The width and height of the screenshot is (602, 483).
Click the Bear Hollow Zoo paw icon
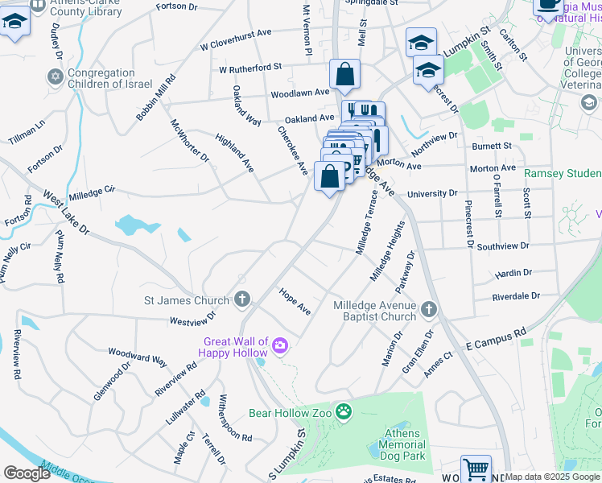tap(344, 412)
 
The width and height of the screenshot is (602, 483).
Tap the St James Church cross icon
tap(243, 301)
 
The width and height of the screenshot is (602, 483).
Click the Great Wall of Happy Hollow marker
tap(279, 347)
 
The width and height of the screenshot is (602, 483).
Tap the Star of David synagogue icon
tap(55, 77)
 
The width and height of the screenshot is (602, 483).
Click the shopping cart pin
tap(476, 468)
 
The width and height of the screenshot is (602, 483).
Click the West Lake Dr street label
tap(66, 213)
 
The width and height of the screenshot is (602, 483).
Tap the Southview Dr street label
tap(502, 246)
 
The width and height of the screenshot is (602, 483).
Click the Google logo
tap(27, 473)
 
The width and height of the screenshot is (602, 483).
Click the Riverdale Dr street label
tap(516, 296)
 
